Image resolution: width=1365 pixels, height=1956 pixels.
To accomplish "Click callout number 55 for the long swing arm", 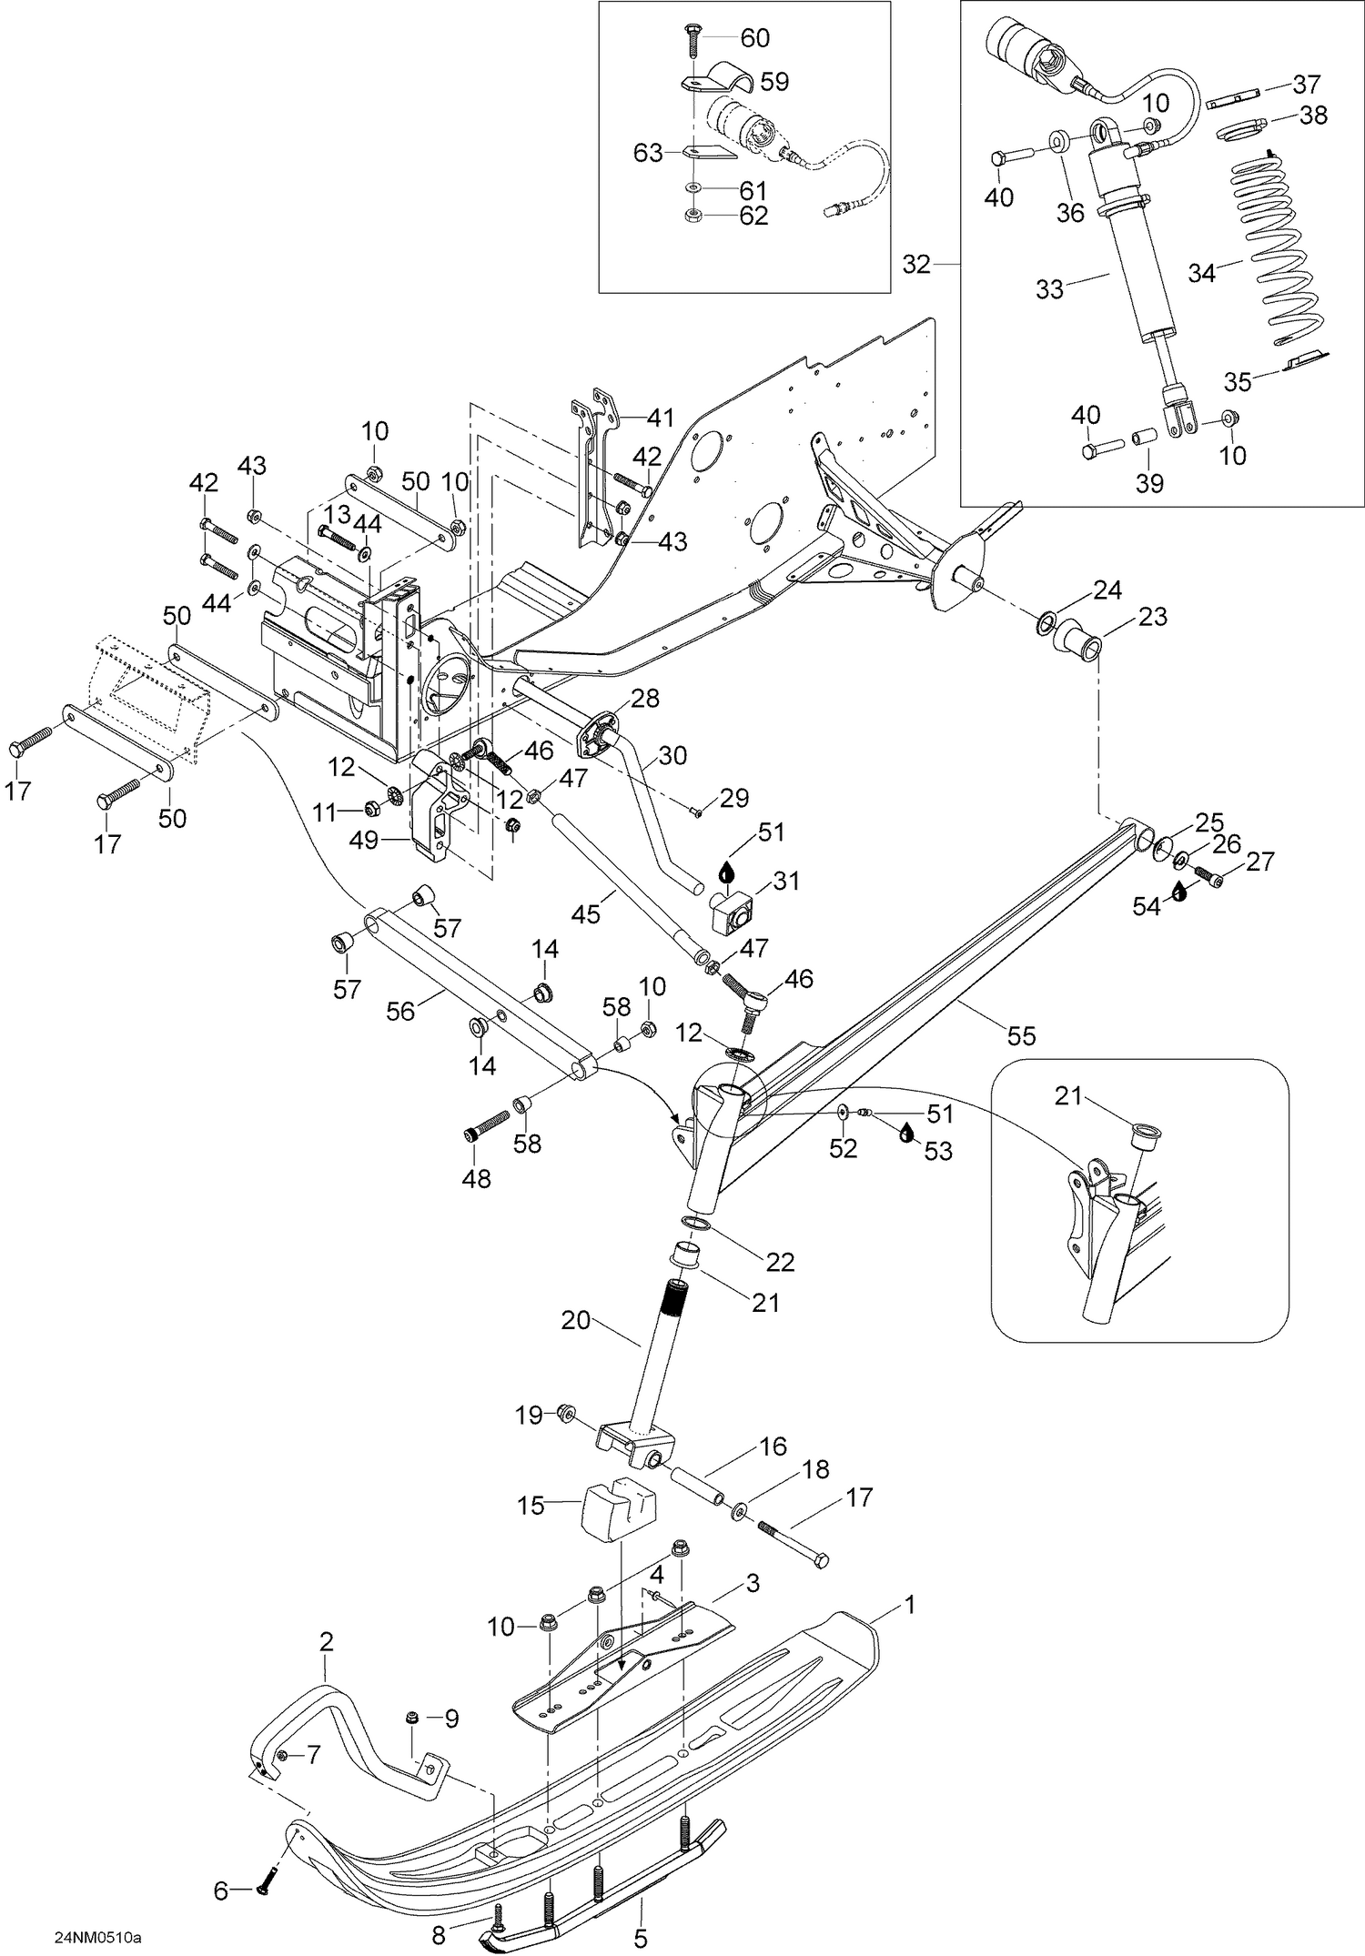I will pos(1021,1035).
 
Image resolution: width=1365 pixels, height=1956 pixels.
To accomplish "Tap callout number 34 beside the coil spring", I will pos(1201,273).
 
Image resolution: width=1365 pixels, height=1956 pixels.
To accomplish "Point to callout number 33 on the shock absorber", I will pos(1049,289).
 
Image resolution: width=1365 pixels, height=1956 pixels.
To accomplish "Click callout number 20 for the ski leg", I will pos(576,1319).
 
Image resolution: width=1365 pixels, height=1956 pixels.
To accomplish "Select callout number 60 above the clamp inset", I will pos(754,38).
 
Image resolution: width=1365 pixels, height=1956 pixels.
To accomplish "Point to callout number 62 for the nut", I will pos(754,216).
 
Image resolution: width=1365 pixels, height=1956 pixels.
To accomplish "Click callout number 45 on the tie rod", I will pos(587,912).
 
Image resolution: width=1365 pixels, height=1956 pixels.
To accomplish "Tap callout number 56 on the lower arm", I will pos(401,1010).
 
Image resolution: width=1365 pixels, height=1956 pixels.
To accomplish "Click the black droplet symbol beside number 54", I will pos(1178,892).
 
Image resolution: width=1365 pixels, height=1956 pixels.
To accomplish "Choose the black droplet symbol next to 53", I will pos(906,1134).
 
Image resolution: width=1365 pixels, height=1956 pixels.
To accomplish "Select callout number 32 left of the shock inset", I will pos(916,264).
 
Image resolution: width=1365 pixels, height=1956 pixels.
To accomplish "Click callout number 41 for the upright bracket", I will pos(661,418).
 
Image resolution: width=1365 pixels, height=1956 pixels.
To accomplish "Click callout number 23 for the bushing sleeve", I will pos(1153,617).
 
